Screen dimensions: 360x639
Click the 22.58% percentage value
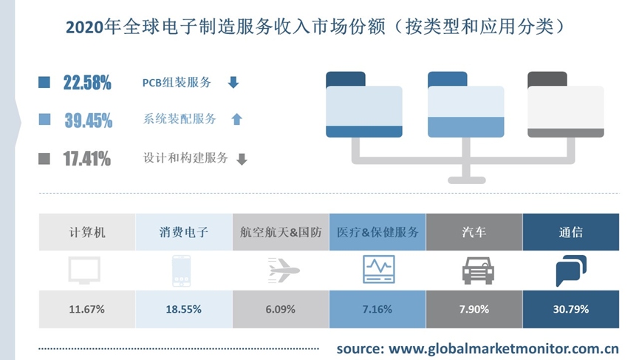point(87,83)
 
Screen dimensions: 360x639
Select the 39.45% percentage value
point(88,120)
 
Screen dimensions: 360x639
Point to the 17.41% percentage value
point(87,158)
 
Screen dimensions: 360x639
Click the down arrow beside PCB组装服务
point(233,83)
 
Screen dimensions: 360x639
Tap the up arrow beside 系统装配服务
point(236,119)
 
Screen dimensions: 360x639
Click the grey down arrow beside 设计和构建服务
point(242,159)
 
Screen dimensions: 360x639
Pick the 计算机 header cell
point(87,232)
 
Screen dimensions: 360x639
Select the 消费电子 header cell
point(184,232)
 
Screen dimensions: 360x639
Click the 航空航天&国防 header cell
point(281,232)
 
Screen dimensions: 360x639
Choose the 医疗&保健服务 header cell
point(377,232)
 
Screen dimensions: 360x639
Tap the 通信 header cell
point(571,232)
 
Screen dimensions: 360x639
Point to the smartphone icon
point(181,271)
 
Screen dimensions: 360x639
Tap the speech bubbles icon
point(571,271)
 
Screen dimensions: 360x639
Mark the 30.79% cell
point(571,309)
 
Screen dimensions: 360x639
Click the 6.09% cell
point(281,309)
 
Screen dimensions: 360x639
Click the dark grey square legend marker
point(44,158)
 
